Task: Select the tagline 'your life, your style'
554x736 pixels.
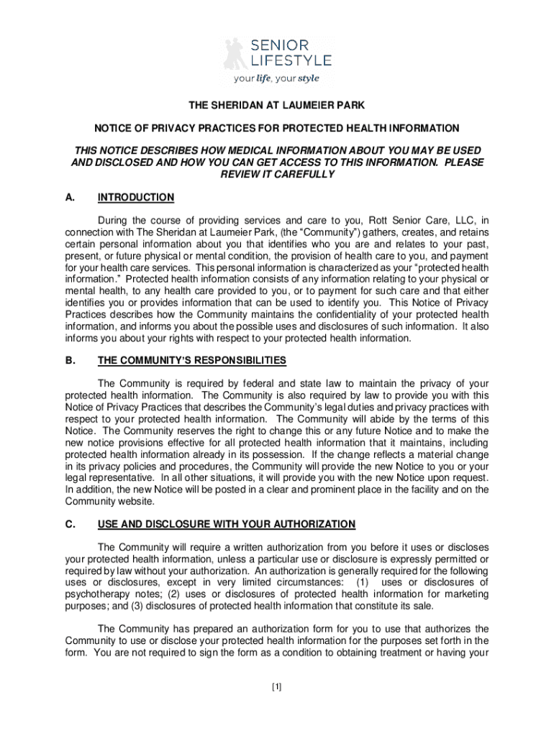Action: tap(276, 79)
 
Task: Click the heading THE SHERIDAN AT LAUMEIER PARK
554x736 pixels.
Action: tap(277, 106)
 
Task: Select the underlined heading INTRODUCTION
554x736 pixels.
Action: tap(136, 198)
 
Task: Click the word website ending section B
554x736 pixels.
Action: tap(135, 501)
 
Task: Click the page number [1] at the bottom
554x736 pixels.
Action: tap(277, 687)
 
